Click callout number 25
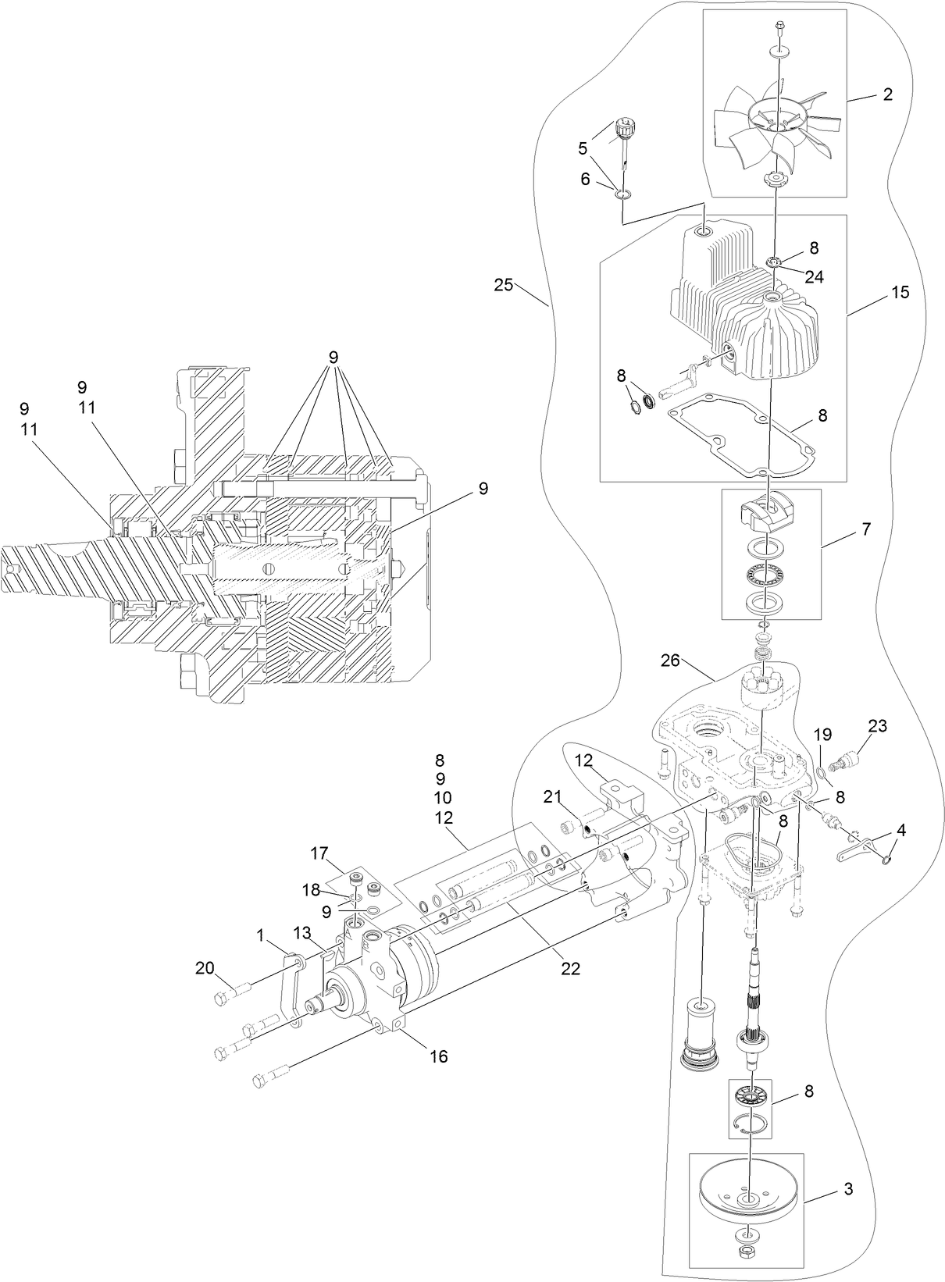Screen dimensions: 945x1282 coord(504,284)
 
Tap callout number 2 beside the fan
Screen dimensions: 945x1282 coord(886,94)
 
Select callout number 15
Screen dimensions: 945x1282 coord(900,292)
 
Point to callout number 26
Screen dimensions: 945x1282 coord(669,661)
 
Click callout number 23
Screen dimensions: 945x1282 coord(878,726)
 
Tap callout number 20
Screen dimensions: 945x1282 coord(205,968)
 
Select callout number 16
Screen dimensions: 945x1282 coord(439,1056)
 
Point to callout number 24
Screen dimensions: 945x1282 coord(814,276)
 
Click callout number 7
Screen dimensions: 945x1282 coord(866,529)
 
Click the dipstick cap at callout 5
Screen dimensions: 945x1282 coord(623,126)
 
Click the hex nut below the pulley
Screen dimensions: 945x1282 coord(749,1262)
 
